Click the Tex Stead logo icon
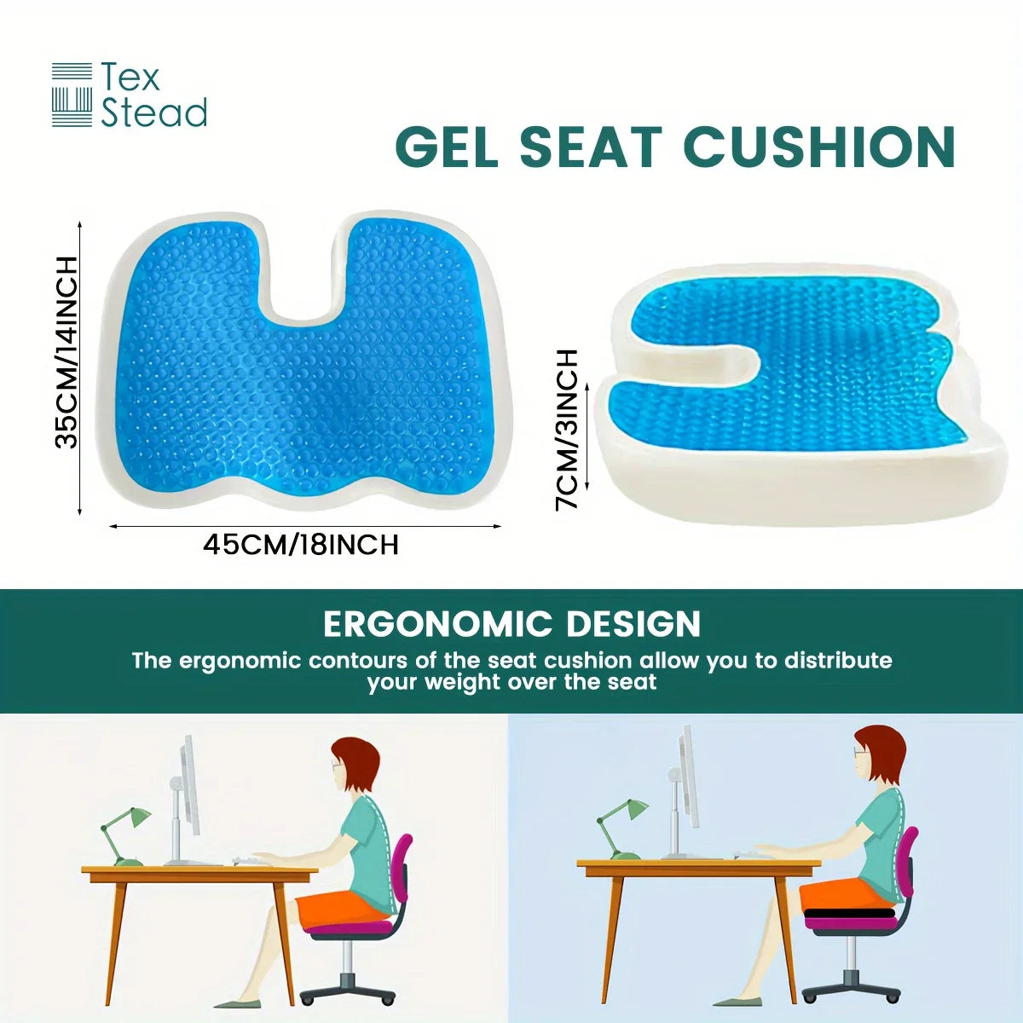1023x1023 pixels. pyautogui.click(x=72, y=95)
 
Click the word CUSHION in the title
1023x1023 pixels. pyautogui.click(x=819, y=147)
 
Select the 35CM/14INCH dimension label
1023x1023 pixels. pyautogui.click(x=66, y=352)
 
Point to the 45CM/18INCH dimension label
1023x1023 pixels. pyautogui.click(x=301, y=545)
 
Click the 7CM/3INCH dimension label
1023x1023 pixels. pyautogui.click(x=567, y=429)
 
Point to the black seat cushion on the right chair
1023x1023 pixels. pyautogui.click(x=850, y=912)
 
